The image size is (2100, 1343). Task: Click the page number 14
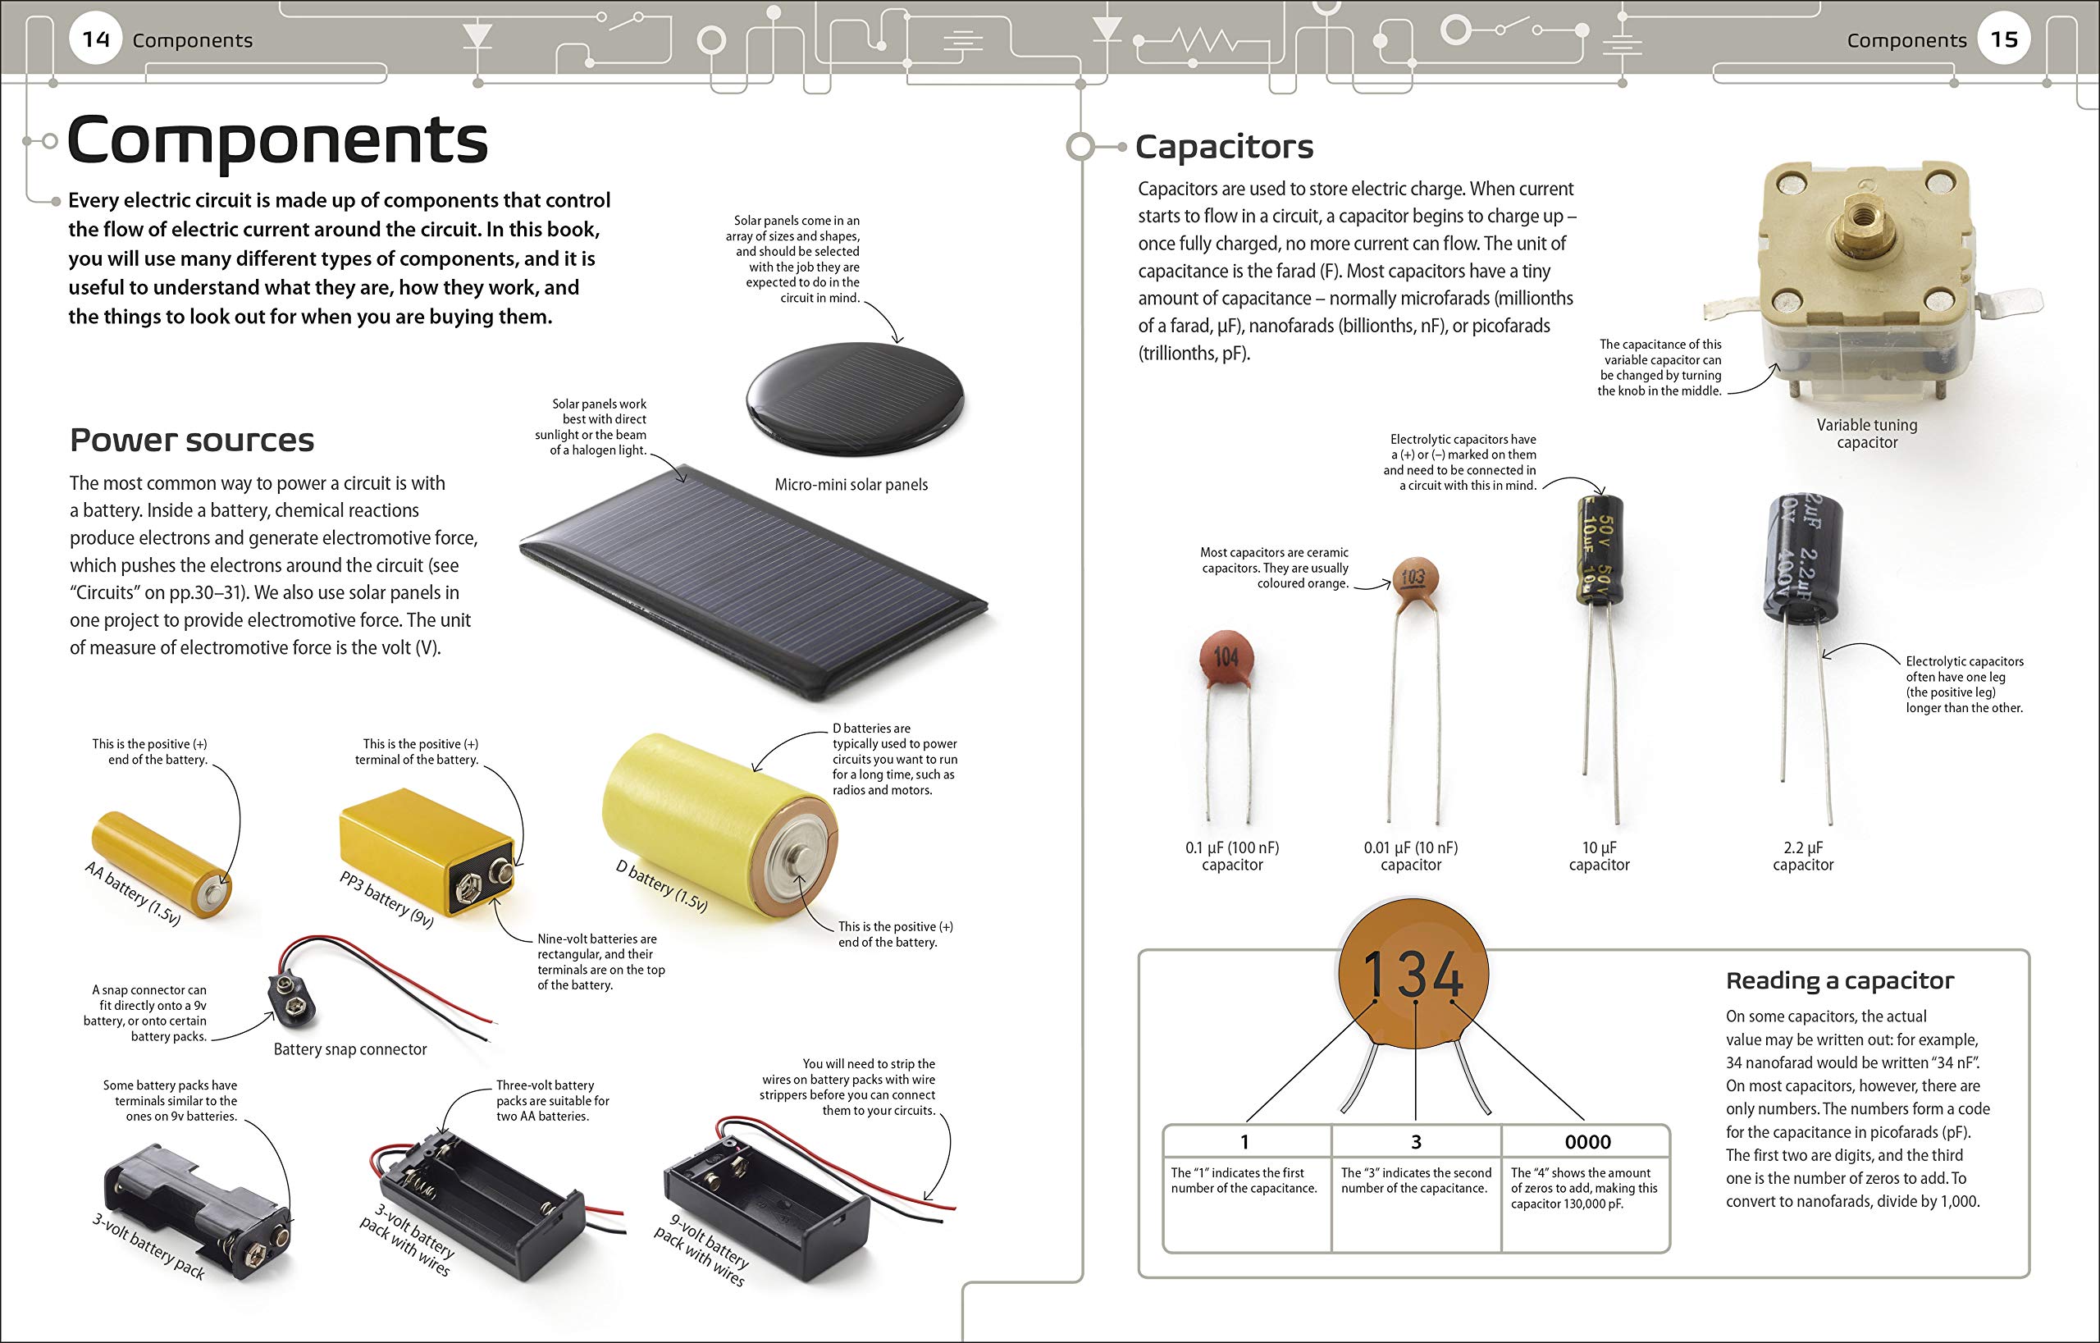tap(96, 39)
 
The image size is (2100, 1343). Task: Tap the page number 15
tap(2004, 39)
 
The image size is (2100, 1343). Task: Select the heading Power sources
tap(192, 441)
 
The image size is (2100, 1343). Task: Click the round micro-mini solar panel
tap(856, 398)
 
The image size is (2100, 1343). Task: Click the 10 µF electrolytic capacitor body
tap(1600, 550)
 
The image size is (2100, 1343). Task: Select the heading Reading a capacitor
tap(1839, 981)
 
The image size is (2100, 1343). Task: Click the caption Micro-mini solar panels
tap(851, 485)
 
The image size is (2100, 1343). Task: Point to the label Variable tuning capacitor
tap(1866, 433)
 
